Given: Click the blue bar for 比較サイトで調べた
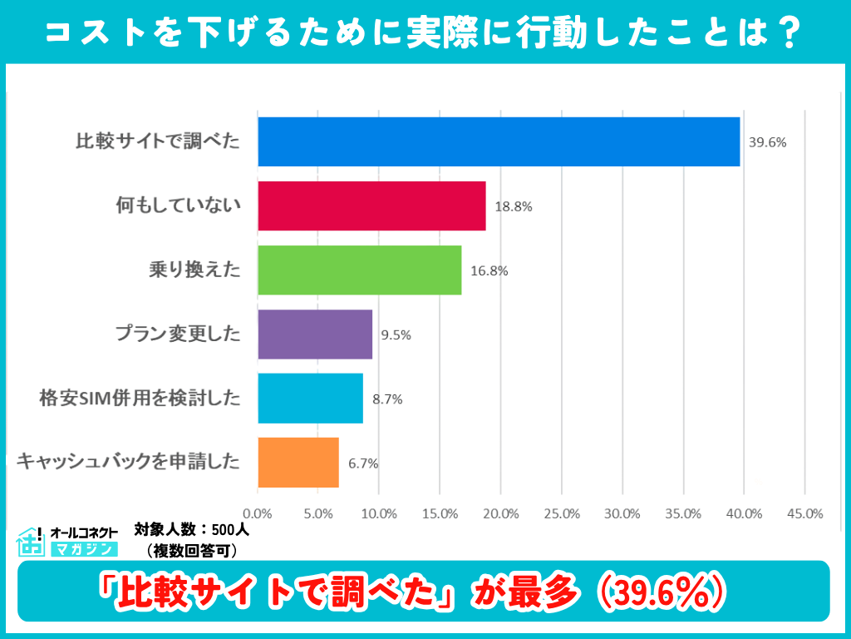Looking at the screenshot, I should tap(499, 141).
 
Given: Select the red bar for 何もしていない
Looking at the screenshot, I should tap(371, 206).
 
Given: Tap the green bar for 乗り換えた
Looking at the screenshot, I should tap(359, 270).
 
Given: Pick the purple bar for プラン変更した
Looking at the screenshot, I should tap(315, 334).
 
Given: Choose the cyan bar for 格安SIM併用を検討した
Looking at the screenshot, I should tap(310, 399).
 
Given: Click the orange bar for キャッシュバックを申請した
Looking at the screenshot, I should tap(298, 463).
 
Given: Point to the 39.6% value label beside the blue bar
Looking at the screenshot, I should tap(767, 142).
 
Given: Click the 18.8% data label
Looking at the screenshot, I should tap(513, 206).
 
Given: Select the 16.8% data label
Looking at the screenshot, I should tap(489, 270).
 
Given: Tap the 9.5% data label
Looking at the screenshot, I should tap(396, 335).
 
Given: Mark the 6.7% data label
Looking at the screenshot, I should tap(363, 463).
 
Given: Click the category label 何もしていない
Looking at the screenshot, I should tap(178, 206).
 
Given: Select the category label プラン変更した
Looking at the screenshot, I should tap(177, 334).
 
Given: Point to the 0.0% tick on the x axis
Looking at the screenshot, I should tap(258, 513).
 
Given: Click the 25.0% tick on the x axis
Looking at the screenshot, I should tap(562, 513).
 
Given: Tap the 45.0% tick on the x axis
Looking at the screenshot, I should tap(804, 513).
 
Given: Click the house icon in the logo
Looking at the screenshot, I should tap(31, 542).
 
